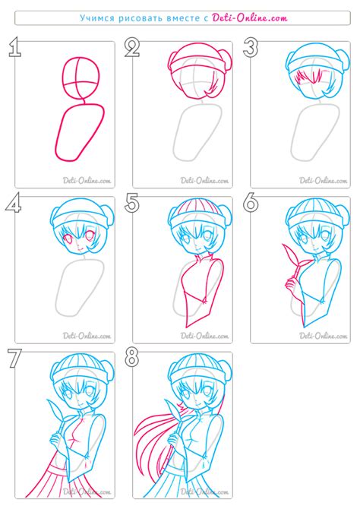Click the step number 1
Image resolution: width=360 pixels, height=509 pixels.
(x=15, y=47)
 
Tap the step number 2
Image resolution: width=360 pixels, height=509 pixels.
(x=132, y=47)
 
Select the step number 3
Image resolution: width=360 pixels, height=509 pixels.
(x=251, y=47)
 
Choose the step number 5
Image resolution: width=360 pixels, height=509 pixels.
(x=132, y=203)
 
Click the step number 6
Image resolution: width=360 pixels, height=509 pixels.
(x=251, y=203)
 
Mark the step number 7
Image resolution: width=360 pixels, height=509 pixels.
(x=14, y=358)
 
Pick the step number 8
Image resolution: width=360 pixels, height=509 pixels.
(x=132, y=358)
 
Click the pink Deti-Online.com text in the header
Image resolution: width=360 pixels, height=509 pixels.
(x=250, y=18)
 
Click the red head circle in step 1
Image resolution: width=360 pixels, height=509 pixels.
(x=81, y=78)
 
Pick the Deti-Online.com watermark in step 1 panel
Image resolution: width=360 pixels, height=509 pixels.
(x=87, y=180)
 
